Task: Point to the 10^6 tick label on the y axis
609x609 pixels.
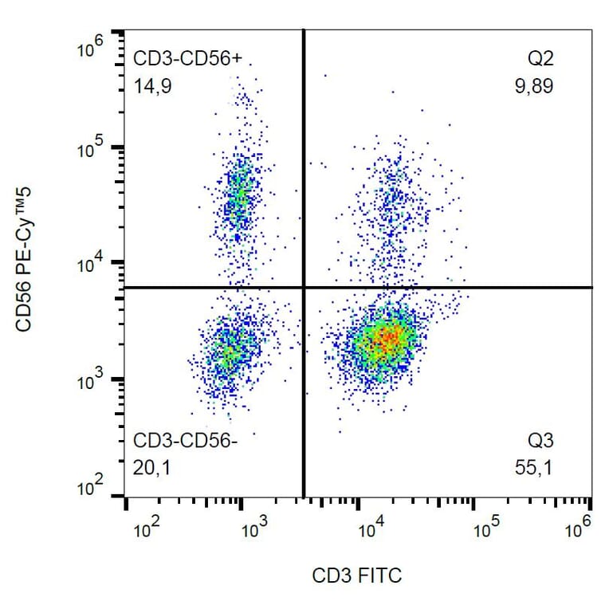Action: pyautogui.click(x=91, y=49)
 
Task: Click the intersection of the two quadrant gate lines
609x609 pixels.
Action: pyautogui.click(x=304, y=287)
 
